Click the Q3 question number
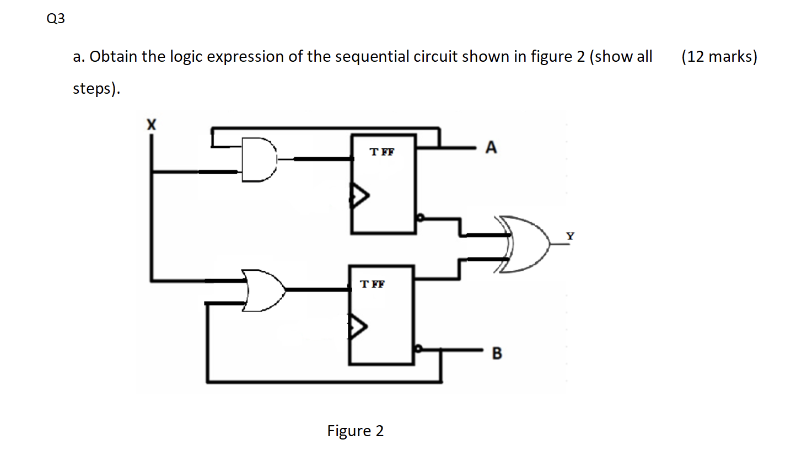pos(56,19)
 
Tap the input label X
pos(151,125)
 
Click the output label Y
pos(570,236)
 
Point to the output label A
pos(491,148)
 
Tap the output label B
pos(497,353)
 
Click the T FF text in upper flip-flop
pos(382,152)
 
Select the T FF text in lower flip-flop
pos(372,284)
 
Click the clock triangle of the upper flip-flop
pos(359,196)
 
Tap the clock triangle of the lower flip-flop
pos(357,326)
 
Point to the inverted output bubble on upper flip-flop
pos(420,217)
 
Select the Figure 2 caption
pos(355,431)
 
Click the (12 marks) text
pos(719,56)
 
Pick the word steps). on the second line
pos(96,88)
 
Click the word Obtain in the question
pos(114,56)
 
